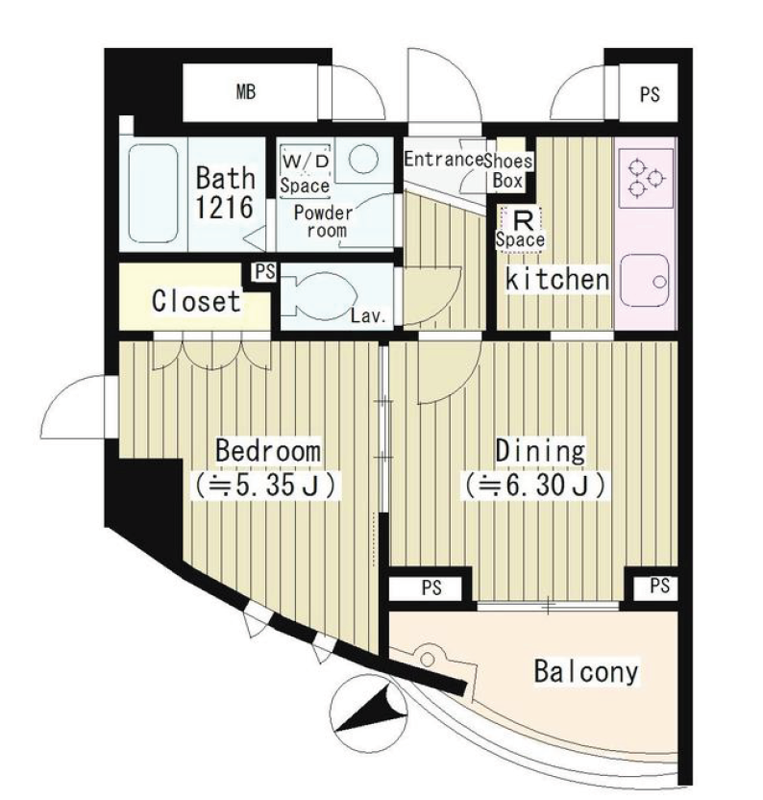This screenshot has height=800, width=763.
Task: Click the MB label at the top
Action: (246, 92)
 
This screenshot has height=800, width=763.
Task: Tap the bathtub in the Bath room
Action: (153, 193)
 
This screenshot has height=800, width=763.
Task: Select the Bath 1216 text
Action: (226, 192)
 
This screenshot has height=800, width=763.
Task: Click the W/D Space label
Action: (305, 173)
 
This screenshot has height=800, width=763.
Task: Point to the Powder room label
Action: (323, 221)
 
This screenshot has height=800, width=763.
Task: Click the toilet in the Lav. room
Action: (319, 296)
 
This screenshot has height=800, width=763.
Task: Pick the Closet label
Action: (196, 301)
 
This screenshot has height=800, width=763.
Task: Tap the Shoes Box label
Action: (508, 171)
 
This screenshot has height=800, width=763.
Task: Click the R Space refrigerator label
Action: (520, 229)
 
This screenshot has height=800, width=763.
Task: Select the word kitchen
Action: (557, 279)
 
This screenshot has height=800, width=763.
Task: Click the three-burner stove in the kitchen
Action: (646, 178)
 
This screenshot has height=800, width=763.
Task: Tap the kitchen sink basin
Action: (645, 280)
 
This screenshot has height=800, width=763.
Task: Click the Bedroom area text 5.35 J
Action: (265, 486)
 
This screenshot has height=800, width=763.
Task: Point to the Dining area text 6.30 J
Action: (535, 486)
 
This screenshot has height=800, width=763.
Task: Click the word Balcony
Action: (586, 671)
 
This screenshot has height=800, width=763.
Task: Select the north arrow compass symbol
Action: (369, 712)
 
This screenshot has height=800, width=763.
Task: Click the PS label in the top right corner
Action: (650, 95)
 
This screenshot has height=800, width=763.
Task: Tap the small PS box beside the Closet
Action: (265, 271)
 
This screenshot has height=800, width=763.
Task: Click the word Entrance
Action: (444, 160)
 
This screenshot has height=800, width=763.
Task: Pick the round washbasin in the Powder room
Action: (364, 158)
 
